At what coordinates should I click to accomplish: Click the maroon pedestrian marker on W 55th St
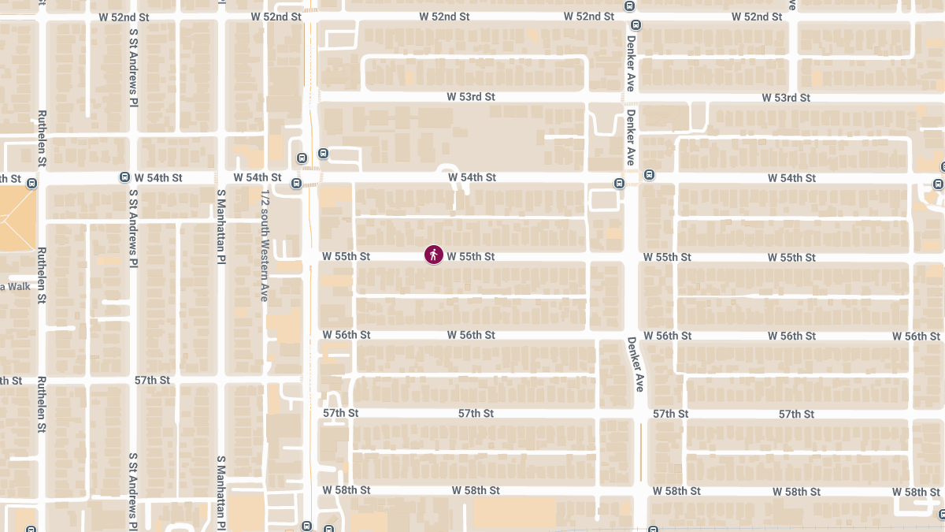[x=434, y=255]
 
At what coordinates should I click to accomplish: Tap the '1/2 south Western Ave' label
[x=265, y=245]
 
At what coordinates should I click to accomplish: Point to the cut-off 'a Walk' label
[x=15, y=286]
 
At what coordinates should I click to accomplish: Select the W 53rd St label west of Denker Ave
[x=471, y=97]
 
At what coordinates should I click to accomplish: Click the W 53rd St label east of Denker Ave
[x=786, y=98]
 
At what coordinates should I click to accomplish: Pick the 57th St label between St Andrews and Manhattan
[x=152, y=380]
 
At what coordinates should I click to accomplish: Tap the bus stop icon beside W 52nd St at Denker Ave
[x=628, y=6]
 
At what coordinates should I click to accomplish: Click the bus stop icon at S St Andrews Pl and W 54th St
[x=124, y=177]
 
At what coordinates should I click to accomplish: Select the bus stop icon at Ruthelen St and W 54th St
[x=31, y=184]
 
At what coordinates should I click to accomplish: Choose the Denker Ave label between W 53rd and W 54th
[x=631, y=136]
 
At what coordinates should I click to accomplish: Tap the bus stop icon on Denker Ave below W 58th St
[x=652, y=527]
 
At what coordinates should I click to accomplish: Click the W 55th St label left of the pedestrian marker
[x=346, y=256]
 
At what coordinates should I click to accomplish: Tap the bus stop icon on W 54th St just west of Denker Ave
[x=620, y=184]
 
